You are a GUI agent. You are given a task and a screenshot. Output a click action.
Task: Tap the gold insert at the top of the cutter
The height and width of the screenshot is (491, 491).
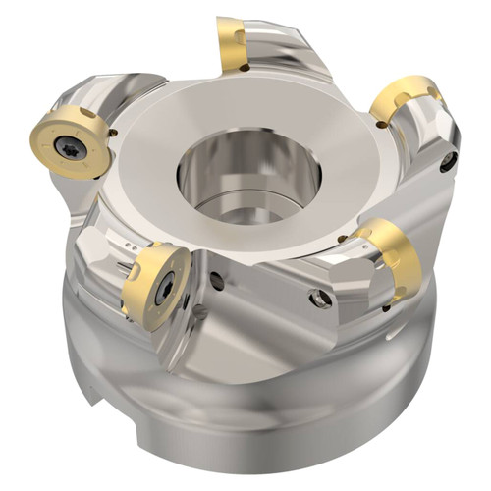pyautogui.click(x=232, y=44)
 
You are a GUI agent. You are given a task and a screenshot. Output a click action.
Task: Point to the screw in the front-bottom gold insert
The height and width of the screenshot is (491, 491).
pyautogui.click(x=164, y=287)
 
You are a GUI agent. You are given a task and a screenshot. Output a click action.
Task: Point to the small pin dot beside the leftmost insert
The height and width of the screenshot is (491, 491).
pyautogui.click(x=114, y=132)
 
